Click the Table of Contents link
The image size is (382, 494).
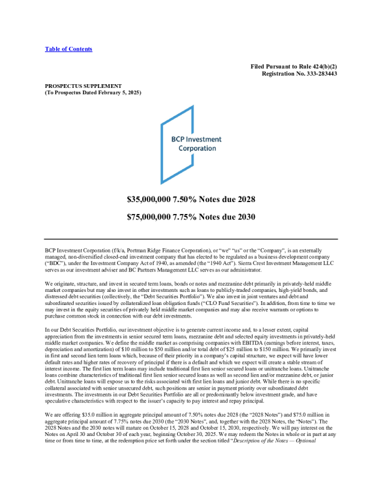point(69,49)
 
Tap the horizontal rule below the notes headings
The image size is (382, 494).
point(191,239)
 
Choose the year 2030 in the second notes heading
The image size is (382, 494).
point(244,217)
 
